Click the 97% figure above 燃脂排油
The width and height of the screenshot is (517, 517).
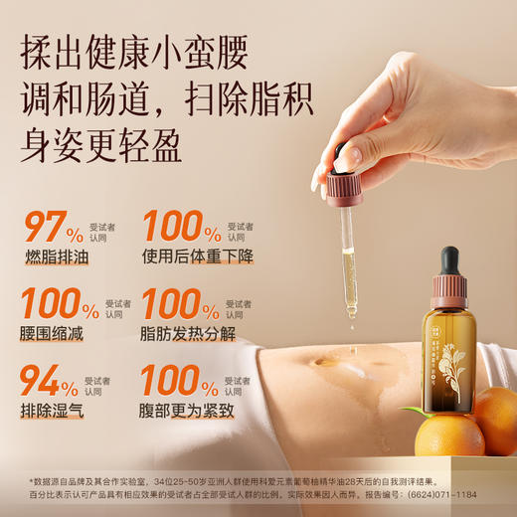click(x=55, y=227)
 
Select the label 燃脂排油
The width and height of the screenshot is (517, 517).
click(x=55, y=258)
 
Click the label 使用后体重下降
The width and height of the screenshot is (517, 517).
click(x=198, y=258)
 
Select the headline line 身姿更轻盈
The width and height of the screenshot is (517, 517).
click(x=102, y=146)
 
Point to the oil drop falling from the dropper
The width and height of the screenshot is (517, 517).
click(x=352, y=315)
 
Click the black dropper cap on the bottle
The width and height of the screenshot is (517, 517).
click(x=449, y=261)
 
